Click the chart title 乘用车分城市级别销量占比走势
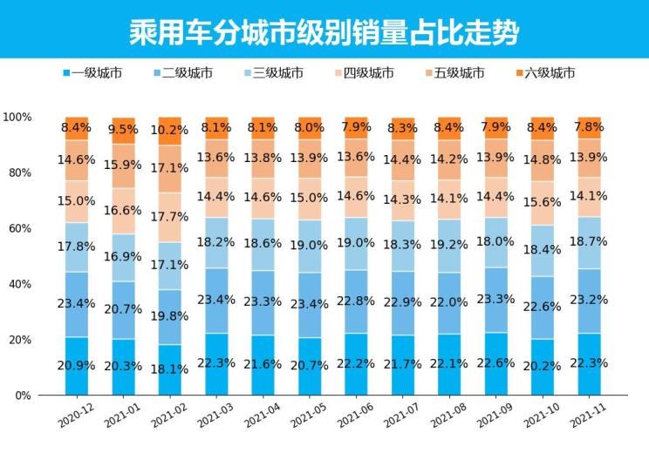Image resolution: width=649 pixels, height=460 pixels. tap(324, 32)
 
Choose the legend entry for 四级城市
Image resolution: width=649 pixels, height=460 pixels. tap(367, 72)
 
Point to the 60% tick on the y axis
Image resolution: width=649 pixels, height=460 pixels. tap(17, 228)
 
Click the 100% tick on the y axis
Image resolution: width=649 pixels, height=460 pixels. tap(17, 117)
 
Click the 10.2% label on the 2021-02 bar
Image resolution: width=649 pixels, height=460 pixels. tap(170, 131)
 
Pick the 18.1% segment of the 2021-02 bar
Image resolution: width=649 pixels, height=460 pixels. tap(170, 369)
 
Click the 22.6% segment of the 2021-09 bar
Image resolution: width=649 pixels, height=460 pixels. tap(496, 362)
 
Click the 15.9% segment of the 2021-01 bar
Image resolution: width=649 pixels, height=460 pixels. tap(124, 166)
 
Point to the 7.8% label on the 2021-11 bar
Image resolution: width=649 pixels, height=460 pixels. tap(590, 127)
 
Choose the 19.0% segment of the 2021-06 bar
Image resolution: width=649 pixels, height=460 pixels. tap(357, 243)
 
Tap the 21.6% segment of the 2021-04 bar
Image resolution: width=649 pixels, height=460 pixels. tap(263, 364)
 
